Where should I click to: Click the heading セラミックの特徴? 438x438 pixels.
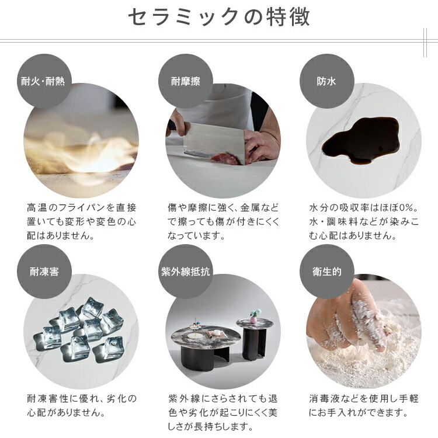(219, 18)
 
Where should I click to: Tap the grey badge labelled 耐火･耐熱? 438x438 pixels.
(44, 81)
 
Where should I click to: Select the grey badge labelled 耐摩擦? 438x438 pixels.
(186, 81)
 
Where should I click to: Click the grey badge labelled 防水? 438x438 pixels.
(327, 81)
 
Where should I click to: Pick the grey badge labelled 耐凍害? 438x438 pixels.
(44, 272)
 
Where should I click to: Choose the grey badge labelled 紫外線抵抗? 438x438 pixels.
(186, 272)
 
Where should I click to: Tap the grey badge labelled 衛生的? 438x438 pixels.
(327, 272)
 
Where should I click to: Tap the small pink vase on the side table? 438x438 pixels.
(253, 318)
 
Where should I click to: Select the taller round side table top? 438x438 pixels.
(255, 324)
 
